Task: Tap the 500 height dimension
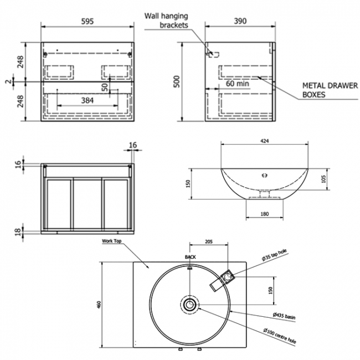(177, 81)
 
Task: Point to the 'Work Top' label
(111, 241)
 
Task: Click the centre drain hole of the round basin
(190, 304)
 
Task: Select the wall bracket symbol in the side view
(213, 54)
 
